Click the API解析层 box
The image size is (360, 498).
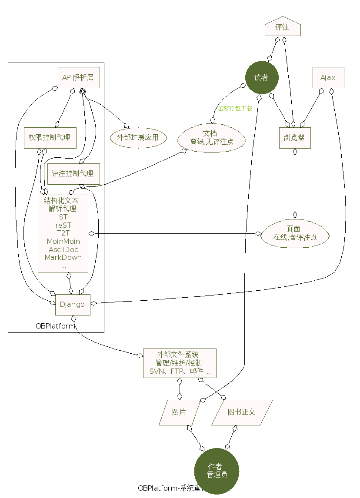pos(79,78)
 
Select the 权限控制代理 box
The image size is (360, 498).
pos(50,138)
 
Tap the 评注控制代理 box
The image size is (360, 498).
pos(73,174)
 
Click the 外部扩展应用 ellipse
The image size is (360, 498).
pos(138,138)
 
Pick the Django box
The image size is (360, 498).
pos(72,304)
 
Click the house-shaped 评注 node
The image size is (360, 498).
pos(283,27)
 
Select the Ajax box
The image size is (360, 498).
pos(328,78)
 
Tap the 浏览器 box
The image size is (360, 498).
pos(294,138)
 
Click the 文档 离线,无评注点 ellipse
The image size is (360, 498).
pos(211,138)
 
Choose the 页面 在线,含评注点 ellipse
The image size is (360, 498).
pos(295,233)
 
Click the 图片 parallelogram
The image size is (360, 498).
pos(179,412)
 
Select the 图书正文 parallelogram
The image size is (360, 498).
pos(242,412)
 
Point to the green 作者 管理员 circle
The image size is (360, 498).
pos(217,471)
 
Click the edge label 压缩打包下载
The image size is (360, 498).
pos(235,109)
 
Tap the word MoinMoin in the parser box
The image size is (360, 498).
pos(63,241)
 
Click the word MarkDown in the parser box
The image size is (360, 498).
pos(63,257)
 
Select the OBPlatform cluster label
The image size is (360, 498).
pos(55,326)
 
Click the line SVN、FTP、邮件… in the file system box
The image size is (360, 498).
pos(180,372)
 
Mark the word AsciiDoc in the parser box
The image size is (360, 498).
pos(63,249)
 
